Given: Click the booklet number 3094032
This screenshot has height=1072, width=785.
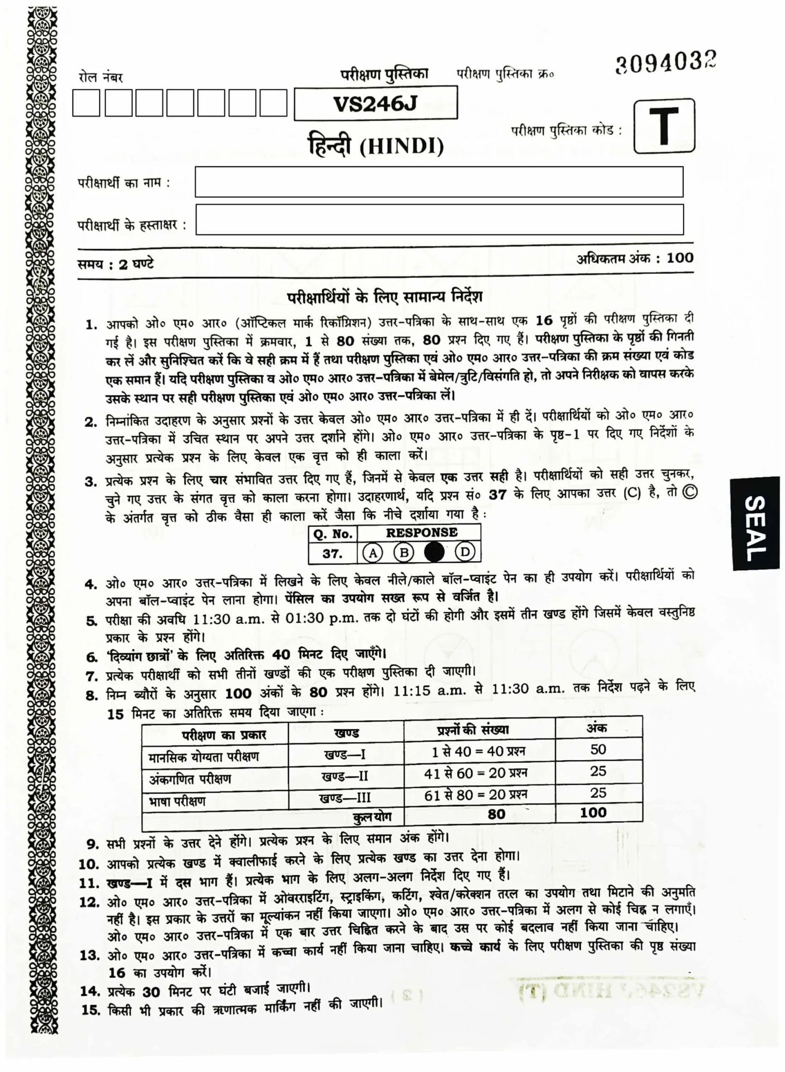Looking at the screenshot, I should tap(665, 63).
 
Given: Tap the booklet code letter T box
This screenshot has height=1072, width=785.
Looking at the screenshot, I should tap(664, 126).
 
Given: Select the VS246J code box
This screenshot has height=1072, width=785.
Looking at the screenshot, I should tap(376, 103).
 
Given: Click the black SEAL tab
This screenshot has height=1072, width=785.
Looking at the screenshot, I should tap(756, 523).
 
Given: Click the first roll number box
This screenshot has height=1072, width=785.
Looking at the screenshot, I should tap(86, 103).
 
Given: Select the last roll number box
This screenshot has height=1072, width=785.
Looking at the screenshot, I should tap(273, 103).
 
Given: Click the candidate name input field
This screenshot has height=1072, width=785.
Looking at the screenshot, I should tap(439, 181).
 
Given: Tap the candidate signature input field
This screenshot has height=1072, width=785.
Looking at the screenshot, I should tap(439, 219).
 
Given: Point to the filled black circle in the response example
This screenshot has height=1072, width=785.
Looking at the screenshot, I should tap(434, 552).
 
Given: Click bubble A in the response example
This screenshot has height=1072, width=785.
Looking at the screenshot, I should tap(373, 553).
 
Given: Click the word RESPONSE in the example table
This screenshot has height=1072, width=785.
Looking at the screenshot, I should tap(422, 533).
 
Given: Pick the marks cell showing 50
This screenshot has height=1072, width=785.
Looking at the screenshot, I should tap(598, 750).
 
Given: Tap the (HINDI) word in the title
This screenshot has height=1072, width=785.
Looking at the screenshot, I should tap(402, 147).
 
